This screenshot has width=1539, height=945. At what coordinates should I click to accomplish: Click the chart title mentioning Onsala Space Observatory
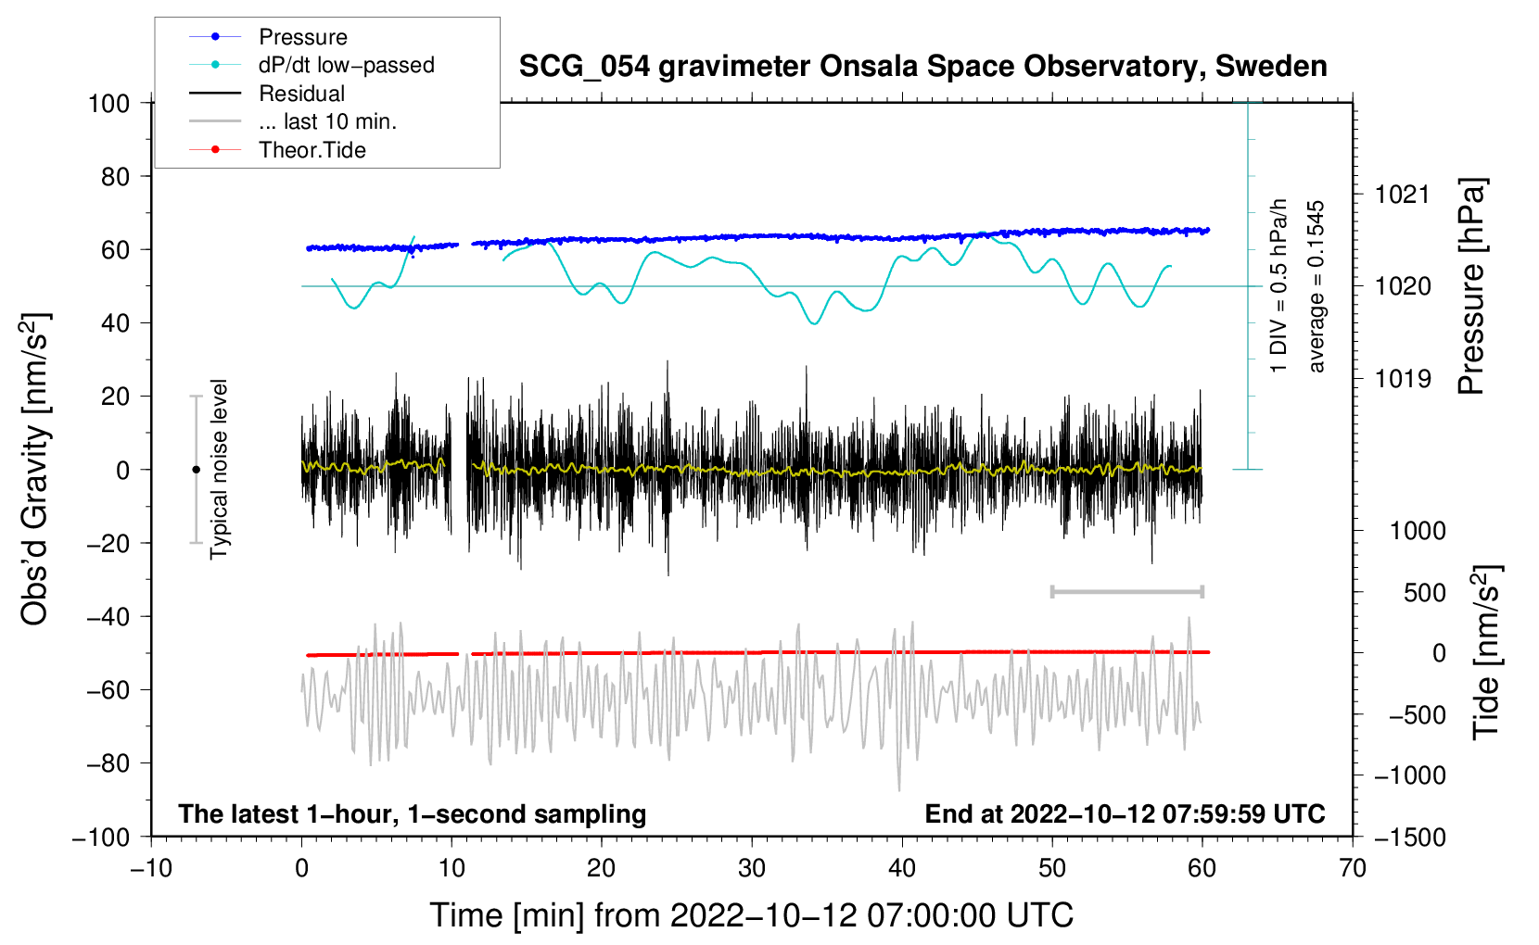coord(922,67)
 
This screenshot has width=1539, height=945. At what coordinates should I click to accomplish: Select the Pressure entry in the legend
coord(302,37)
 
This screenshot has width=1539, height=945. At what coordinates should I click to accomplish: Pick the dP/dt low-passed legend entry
coord(346,65)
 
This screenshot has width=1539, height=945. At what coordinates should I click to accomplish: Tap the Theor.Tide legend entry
coord(312,150)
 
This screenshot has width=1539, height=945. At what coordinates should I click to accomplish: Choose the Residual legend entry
coord(301,94)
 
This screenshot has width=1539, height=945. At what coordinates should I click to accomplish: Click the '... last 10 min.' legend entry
coord(327,121)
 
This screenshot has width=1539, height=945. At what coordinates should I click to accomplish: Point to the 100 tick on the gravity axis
coord(108,103)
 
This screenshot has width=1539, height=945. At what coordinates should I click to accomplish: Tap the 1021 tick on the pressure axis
coord(1403,195)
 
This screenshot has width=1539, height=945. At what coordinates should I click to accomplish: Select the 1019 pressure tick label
coord(1403,379)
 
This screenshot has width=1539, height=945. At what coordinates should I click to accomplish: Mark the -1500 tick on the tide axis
coord(1410,837)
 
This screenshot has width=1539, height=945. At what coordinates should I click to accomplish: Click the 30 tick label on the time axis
coord(752,868)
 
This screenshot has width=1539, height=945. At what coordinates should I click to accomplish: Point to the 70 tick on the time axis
coord(1353,868)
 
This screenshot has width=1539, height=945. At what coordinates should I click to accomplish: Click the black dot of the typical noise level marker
coord(196,470)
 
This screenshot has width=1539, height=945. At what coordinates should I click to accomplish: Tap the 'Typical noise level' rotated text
coord(219,469)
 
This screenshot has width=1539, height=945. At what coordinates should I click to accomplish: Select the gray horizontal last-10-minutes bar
coord(1126,591)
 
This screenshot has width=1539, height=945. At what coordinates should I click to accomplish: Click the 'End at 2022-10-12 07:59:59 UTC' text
coord(1125,813)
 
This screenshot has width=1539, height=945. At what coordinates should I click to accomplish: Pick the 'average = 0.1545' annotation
coord(1316,287)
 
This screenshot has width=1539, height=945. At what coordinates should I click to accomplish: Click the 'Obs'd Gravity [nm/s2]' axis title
coord(35,469)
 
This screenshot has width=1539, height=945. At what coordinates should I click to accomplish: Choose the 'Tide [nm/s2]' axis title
coord(1487,652)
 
